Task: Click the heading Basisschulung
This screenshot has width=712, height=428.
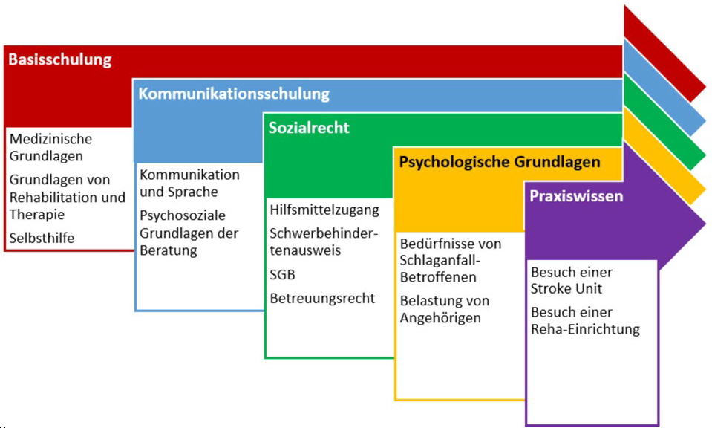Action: coord(60,59)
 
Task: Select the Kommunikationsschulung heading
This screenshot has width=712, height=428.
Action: coord(234,94)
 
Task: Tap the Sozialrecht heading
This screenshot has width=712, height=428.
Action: coord(309,128)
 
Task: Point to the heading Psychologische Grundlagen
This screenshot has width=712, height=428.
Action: coord(500,162)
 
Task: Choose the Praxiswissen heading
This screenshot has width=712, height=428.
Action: coord(576,196)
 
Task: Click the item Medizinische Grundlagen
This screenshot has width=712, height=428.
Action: coord(50,147)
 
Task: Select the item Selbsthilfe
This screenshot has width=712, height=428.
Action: coord(42,238)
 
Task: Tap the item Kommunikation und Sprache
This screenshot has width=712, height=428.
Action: coord(189,183)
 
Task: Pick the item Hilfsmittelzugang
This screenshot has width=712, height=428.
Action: coord(324,210)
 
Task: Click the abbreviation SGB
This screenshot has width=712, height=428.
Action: coord(282,275)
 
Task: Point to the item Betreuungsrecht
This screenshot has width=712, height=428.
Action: coord(322,299)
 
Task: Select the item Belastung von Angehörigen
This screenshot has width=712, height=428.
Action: coord(445,309)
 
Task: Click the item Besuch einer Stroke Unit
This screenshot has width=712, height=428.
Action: coord(572,280)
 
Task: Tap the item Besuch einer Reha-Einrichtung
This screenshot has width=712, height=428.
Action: coord(585,320)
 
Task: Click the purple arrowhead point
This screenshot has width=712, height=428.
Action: coord(705,223)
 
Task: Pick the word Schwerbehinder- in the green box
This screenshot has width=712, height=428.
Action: coord(324,233)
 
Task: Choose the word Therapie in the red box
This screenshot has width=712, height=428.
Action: coord(37,215)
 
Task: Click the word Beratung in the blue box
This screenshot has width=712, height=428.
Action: coord(169,250)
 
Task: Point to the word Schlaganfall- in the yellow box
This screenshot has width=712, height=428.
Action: coord(440,260)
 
